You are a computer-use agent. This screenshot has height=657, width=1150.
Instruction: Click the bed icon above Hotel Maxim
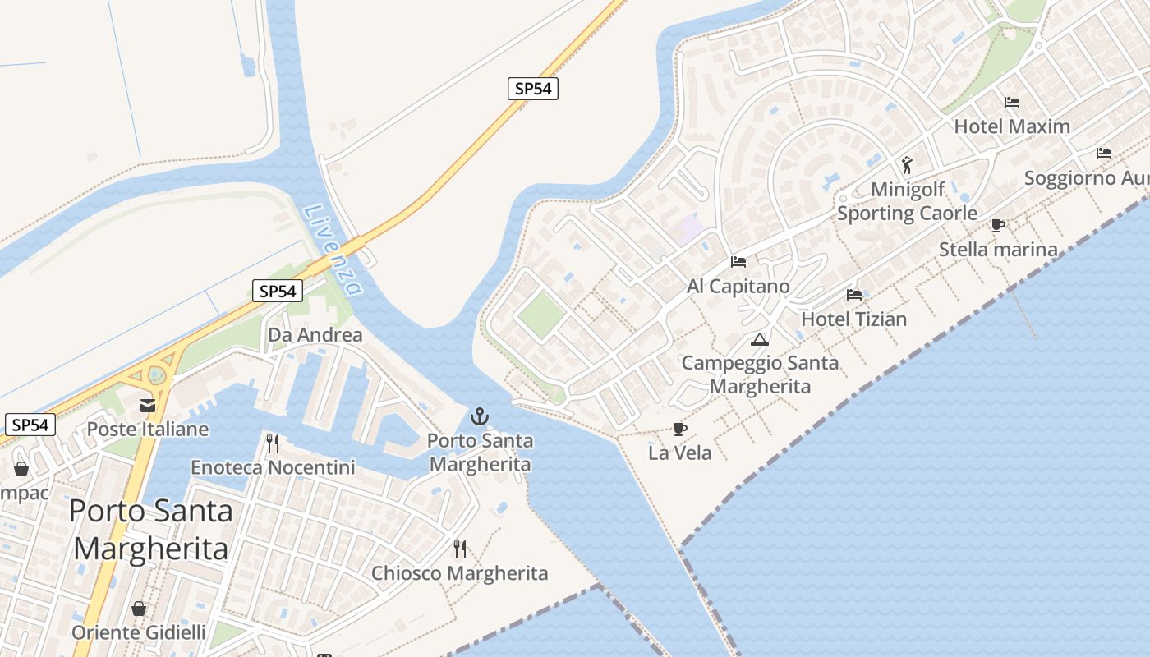tap(1012, 103)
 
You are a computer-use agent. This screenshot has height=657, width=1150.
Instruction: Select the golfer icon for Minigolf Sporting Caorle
tap(907, 165)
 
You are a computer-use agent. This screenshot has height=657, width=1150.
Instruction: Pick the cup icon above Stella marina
tap(998, 225)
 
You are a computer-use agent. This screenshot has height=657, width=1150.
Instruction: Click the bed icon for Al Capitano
tap(738, 262)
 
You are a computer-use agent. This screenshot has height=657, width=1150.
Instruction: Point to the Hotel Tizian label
tap(853, 319)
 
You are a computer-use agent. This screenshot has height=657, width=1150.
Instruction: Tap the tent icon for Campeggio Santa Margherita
tap(760, 339)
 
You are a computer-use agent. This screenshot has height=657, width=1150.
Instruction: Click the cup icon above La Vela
tap(679, 429)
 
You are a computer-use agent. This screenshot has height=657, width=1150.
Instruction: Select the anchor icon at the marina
tap(480, 417)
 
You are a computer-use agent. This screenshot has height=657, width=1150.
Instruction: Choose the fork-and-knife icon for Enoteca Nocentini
tap(273, 443)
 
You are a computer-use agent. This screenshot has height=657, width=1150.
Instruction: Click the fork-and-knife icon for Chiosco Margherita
tap(460, 549)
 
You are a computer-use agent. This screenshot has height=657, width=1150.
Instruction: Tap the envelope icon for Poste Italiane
tap(148, 405)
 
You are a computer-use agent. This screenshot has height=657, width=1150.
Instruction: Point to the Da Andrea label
tap(315, 334)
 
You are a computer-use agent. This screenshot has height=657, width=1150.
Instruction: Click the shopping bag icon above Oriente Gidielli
tap(139, 609)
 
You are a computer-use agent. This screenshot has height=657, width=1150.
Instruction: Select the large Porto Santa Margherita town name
tap(150, 529)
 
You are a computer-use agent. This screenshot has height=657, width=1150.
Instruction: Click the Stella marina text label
tap(998, 249)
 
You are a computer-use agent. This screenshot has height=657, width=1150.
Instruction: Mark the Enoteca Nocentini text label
tap(273, 467)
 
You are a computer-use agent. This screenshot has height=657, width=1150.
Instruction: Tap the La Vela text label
tap(679, 453)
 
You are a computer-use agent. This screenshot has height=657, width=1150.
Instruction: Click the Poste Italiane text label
tap(148, 429)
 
